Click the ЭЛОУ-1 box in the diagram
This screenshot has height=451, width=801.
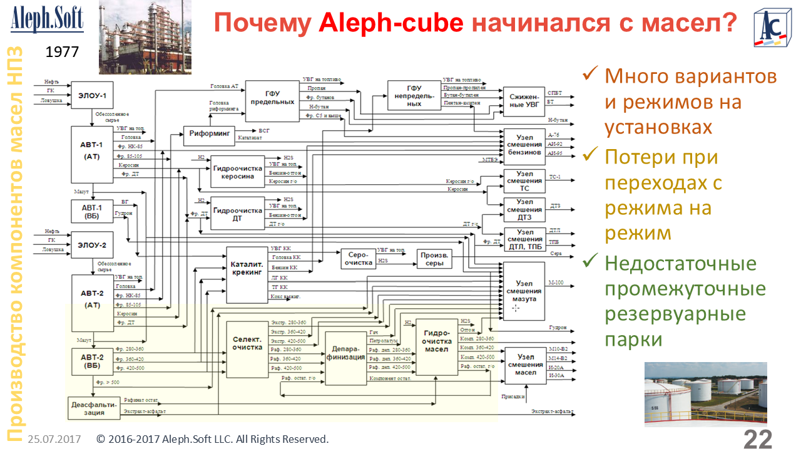coord(92,96)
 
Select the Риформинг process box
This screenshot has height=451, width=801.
coord(208,133)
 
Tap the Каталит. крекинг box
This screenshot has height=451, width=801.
coord(247,274)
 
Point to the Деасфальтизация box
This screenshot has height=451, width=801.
coord(93,408)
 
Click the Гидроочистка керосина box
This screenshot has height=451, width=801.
coord(237,172)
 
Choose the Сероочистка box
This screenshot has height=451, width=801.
coord(358,259)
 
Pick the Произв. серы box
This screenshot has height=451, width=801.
coord(434,259)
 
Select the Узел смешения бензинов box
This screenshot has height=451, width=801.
coord(524,145)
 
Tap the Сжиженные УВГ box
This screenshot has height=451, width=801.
coord(524,100)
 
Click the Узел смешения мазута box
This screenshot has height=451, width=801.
coord(524,291)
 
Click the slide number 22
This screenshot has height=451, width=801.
coord(758,439)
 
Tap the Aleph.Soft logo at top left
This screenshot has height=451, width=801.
coord(47,19)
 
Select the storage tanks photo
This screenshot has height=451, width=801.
coord(705,394)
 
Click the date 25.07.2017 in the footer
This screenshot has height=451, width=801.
coord(54,439)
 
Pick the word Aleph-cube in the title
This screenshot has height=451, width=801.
coord(391,24)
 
